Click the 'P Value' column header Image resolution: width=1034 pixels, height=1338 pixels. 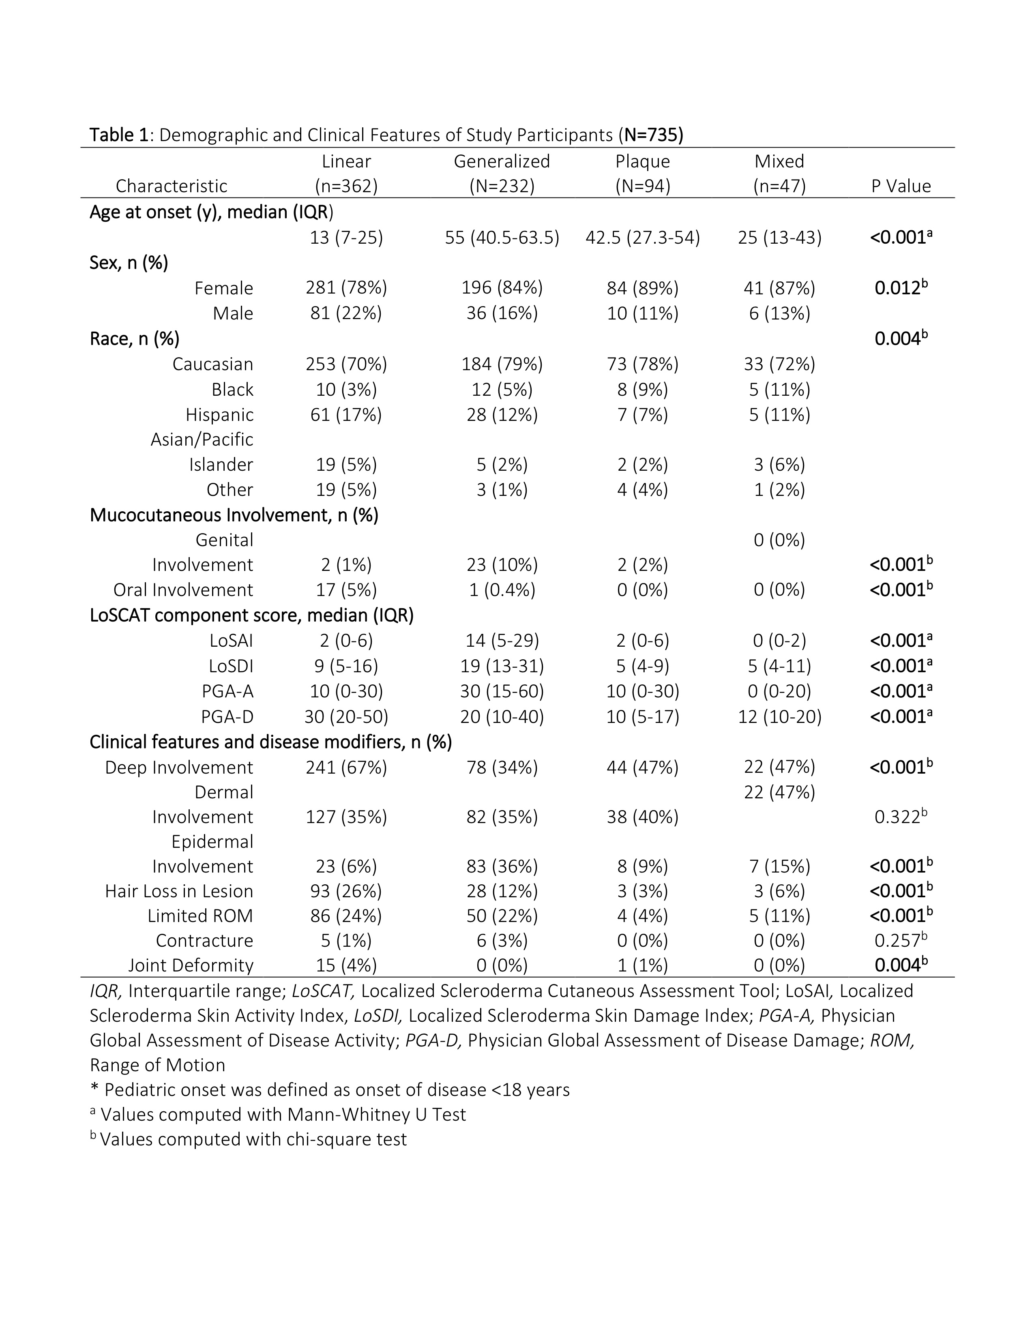coord(901,186)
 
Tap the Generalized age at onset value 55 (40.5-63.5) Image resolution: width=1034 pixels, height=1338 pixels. coord(502,238)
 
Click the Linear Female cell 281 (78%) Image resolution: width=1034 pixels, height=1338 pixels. coord(346,288)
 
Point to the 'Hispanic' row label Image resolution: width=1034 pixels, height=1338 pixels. coord(219,415)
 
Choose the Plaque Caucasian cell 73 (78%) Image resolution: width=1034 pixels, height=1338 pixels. coord(642,365)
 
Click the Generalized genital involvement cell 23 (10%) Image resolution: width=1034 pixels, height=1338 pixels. coord(502,565)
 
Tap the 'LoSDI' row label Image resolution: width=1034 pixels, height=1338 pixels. coord(231,666)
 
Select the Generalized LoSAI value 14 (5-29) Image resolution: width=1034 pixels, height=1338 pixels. coord(502,641)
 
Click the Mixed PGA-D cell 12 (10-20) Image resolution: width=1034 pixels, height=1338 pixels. coord(779,717)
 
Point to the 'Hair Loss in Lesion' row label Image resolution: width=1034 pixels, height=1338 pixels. coord(179,891)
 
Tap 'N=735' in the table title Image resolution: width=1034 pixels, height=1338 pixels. coord(653,135)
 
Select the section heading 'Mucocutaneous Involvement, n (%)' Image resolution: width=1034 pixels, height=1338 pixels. coord(234,515)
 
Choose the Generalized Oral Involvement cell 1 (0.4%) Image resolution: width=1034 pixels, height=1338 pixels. coord(502,590)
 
